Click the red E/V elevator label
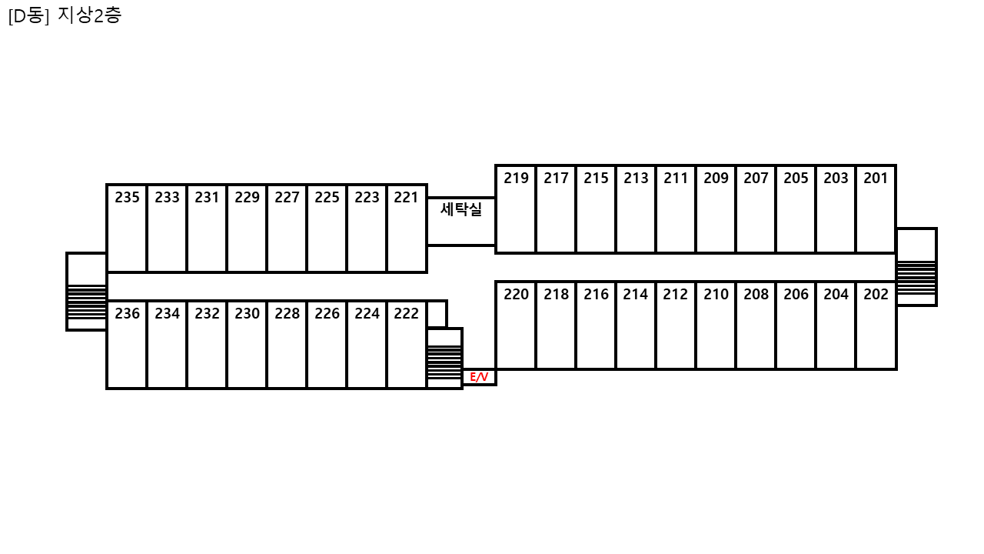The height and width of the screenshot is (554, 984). (479, 377)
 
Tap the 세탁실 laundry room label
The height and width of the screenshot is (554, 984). (460, 209)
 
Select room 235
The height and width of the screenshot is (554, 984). (127, 229)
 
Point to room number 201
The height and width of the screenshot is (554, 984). (876, 178)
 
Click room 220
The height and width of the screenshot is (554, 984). (516, 325)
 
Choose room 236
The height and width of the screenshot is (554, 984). (127, 345)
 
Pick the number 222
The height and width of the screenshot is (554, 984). (407, 313)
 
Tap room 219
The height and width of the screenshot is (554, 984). (516, 209)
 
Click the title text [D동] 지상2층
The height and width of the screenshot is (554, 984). (65, 16)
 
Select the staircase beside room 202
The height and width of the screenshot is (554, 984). (916, 267)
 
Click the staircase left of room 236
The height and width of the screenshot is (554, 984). (87, 292)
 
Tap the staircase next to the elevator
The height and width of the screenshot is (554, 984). (444, 359)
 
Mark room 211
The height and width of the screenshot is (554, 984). (676, 209)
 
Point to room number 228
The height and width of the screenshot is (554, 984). (287, 313)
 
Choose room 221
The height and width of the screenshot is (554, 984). (407, 229)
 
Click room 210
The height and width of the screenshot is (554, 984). (716, 325)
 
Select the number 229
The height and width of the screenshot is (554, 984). (247, 198)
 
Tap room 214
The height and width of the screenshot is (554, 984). (636, 325)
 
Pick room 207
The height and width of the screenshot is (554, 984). (756, 209)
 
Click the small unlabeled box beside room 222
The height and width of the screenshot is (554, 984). (437, 315)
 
